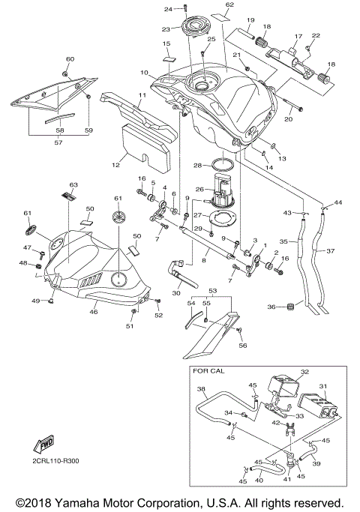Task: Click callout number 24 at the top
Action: (x=168, y=9)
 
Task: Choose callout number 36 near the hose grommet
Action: (x=271, y=307)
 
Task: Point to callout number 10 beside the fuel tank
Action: (x=143, y=73)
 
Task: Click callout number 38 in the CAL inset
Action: (x=202, y=390)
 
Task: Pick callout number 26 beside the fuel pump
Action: (x=199, y=189)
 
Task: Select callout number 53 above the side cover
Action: (x=212, y=289)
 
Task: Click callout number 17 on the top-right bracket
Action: (x=296, y=35)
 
